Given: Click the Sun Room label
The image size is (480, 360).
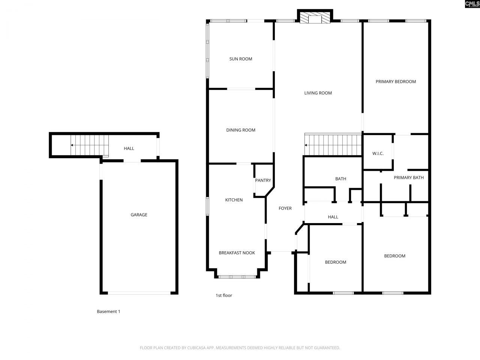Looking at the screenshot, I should pyautogui.click(x=240, y=59).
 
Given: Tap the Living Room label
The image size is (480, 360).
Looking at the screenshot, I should pyautogui.click(x=318, y=93).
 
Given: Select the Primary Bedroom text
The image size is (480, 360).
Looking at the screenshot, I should pyautogui.click(x=396, y=81).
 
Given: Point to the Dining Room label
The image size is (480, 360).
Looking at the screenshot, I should pyautogui.click(x=240, y=130).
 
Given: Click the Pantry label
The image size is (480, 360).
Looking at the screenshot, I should pyautogui.click(x=263, y=180).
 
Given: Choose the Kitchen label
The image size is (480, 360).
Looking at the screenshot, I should pyautogui.click(x=234, y=200).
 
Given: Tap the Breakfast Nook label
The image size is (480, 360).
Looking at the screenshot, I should pyautogui.click(x=237, y=253).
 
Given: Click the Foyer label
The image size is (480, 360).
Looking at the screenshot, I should pyautogui.click(x=285, y=208).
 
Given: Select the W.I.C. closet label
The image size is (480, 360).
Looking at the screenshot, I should pyautogui.click(x=378, y=153).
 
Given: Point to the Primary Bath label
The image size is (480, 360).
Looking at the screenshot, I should pyautogui.click(x=408, y=177).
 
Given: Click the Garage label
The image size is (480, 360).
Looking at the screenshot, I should pyautogui.click(x=139, y=215).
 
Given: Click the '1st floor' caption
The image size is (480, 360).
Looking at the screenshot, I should pyautogui.click(x=223, y=295).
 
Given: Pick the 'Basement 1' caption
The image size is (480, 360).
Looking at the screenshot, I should pyautogui.click(x=108, y=312).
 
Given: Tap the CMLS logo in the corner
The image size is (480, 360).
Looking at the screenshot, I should pyautogui.click(x=472, y=4).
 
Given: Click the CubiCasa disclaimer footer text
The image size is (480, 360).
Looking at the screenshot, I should pyautogui.click(x=240, y=348).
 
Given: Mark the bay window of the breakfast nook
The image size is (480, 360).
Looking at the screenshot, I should pyautogui.click(x=237, y=277).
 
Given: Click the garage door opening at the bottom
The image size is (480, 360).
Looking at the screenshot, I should pyautogui.click(x=139, y=293).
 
